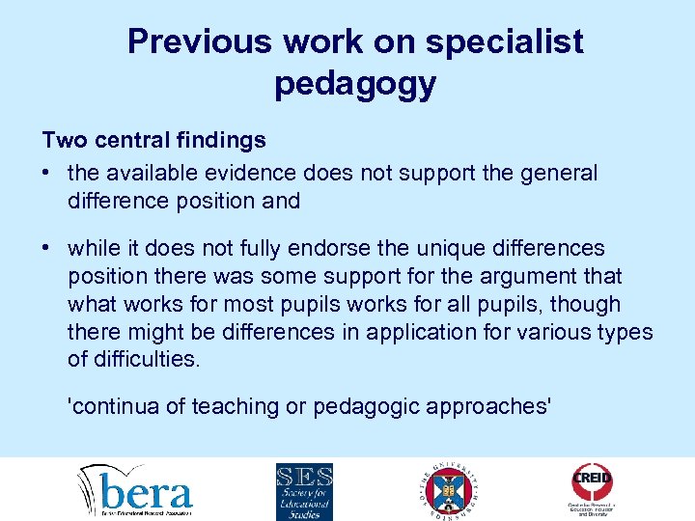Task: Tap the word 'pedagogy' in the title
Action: [355, 84]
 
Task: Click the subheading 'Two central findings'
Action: [153, 141]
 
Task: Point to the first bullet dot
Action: [47, 174]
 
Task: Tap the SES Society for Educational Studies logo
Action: [304, 490]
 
